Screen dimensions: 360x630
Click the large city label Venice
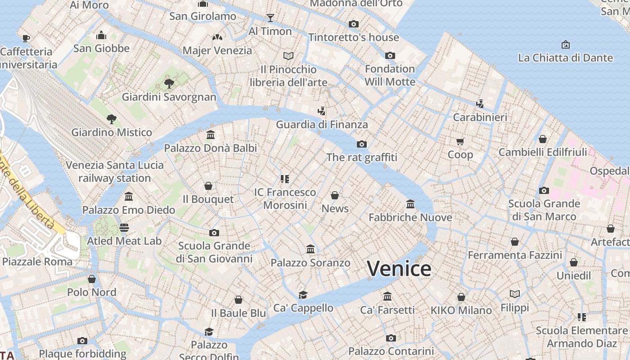pos(399,269)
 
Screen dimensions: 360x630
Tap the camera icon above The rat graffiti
pos(361,144)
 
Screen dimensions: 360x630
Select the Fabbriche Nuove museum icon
pos(410,204)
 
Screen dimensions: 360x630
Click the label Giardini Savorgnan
pos(169,97)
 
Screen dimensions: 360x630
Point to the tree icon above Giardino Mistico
pos(112,119)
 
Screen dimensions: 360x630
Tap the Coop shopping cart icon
pos(460,142)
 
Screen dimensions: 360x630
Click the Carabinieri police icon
pos(480,104)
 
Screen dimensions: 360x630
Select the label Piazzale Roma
pos(37,261)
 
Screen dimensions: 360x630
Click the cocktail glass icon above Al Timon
pos(270,18)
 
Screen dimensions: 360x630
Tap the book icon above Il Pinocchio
pos(288,56)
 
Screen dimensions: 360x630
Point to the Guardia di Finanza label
pos(322,125)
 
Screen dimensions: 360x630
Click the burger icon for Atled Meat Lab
pos(124,228)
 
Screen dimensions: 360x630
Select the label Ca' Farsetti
pos(387,310)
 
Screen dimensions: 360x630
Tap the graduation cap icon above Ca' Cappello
pos(303,295)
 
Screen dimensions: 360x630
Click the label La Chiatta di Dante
pos(565,58)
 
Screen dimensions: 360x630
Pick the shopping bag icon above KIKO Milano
pos(461,297)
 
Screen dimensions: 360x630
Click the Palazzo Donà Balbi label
pos(210,148)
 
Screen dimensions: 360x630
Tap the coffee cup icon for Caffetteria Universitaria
pos(26,38)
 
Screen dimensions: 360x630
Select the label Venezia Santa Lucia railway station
pos(114,171)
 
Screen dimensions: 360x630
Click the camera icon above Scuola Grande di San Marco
pos(544,190)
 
